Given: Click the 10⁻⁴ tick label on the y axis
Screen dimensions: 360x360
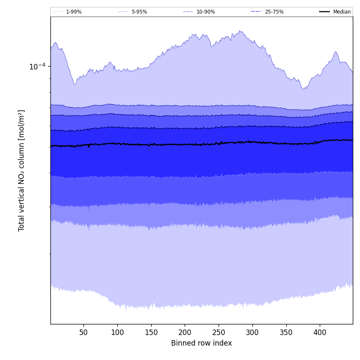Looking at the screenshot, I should point(37,66).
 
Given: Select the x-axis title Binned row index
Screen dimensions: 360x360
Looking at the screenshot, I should point(202,343).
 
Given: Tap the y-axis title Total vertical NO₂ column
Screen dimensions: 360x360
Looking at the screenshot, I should point(22,170).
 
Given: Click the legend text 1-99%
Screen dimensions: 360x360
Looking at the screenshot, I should point(74,12).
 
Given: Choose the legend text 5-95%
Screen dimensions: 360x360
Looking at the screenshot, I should point(139,12).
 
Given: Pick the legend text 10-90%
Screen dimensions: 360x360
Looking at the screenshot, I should point(205,12).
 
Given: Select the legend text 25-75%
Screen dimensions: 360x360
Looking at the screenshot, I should point(274,12).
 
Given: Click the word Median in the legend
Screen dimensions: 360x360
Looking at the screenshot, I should point(342,12).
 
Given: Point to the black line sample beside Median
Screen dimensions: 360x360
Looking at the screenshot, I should point(324,12).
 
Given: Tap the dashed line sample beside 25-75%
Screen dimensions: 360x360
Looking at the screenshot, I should point(256,12).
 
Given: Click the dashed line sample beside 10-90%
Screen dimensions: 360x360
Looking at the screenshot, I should point(188,12).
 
